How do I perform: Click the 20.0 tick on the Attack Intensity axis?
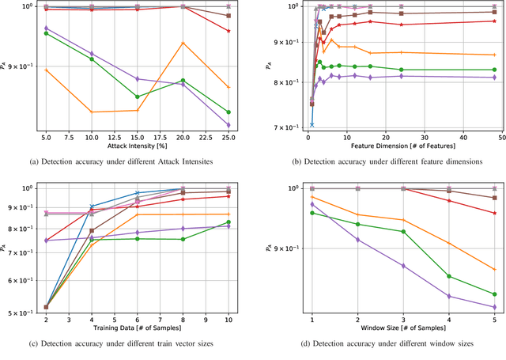tap(183, 138)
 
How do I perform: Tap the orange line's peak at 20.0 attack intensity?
tap(183, 42)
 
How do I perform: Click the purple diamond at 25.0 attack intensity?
tap(228, 125)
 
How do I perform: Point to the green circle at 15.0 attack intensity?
tap(138, 97)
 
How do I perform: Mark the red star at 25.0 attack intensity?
tap(228, 31)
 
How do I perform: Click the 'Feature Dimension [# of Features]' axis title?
tap(402, 147)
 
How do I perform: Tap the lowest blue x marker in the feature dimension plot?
tap(312, 125)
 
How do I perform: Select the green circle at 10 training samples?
tap(228, 222)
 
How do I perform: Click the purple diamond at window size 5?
tap(494, 308)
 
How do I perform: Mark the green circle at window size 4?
tap(449, 276)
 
